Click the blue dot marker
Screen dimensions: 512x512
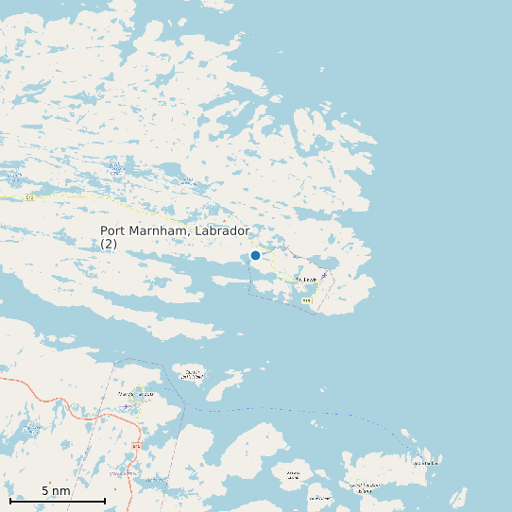[255, 255]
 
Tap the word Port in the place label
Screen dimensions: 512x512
[113, 230]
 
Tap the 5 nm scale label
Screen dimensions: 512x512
[56, 491]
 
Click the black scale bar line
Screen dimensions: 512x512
[57, 501]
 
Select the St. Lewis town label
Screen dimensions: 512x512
[306, 280]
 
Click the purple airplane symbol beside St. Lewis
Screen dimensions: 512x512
[324, 275]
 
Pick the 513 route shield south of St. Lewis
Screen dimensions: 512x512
[306, 300]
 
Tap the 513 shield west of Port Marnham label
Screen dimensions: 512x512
[29, 197]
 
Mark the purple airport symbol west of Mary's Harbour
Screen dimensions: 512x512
[126, 407]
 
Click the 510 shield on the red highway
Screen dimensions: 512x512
[137, 445]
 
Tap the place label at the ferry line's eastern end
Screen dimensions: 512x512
[426, 463]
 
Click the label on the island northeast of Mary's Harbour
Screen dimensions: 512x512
[192, 374]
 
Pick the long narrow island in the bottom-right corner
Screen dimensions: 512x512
[459, 497]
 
